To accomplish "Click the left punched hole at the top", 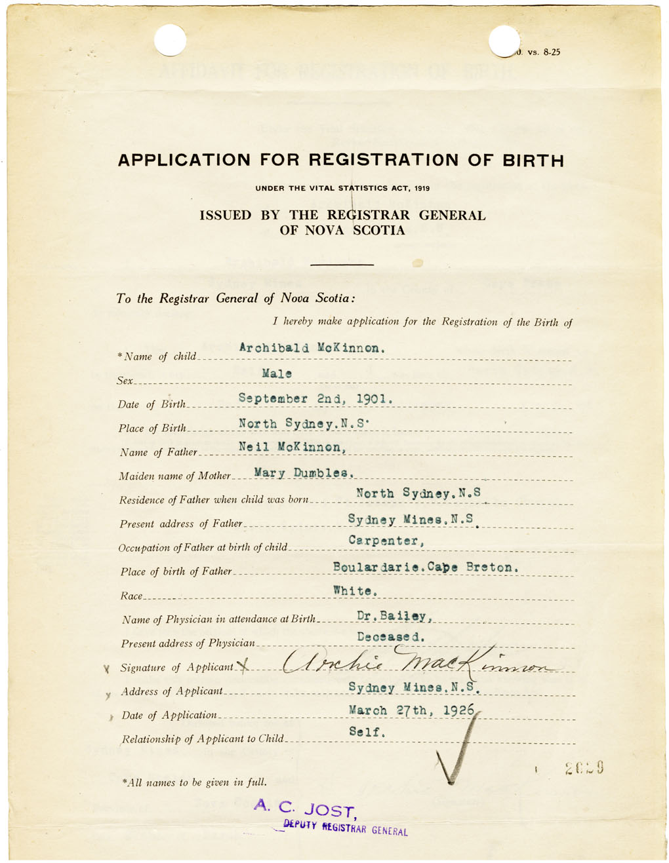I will [170, 40].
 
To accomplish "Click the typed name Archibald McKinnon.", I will [311, 348].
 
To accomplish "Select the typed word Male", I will [276, 374].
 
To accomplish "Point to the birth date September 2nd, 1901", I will [315, 398].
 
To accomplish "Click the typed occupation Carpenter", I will [386, 541].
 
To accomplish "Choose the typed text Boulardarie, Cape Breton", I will [426, 567].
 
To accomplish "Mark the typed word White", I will [355, 591].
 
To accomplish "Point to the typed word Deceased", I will [391, 637].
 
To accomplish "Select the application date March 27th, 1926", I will [412, 710].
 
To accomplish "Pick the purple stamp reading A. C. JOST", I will [305, 808].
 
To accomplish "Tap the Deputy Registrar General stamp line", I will [345, 828].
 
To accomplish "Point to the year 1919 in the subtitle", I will [421, 189].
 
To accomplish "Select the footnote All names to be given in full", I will [194, 782].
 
